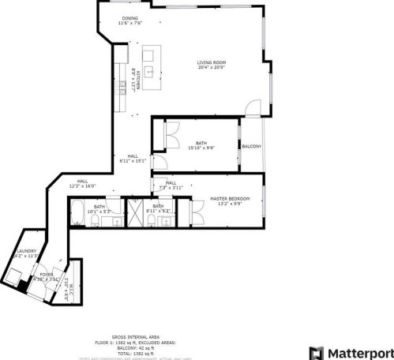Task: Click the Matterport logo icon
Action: tap(316, 352)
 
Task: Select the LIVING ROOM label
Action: tap(211, 62)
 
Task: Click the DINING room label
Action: tap(130, 18)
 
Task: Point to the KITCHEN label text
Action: tap(137, 80)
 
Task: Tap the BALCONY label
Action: tap(252, 147)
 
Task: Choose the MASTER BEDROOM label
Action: tap(231, 198)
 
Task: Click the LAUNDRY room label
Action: tap(25, 251)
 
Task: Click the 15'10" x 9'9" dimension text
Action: tap(201, 148)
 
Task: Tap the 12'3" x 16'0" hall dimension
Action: tap(82, 186)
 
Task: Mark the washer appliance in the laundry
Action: tap(13, 276)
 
